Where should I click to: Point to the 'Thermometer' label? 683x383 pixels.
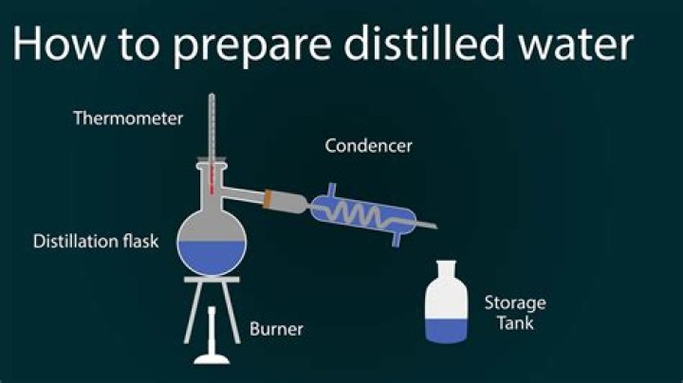128,119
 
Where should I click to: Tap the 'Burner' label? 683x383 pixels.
276,330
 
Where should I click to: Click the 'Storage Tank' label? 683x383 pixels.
515,313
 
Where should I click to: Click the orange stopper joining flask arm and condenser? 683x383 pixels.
273,199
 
